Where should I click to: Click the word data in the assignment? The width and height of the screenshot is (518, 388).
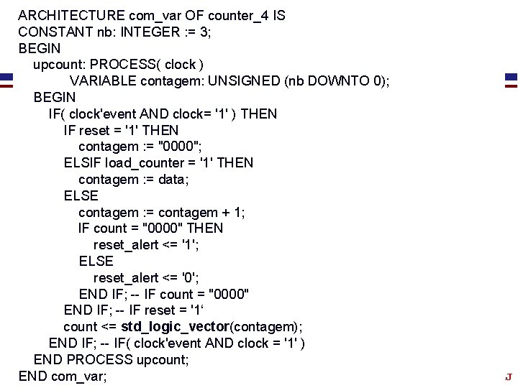pyautogui.click(x=172, y=179)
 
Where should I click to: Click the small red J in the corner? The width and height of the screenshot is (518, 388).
pyautogui.click(x=508, y=377)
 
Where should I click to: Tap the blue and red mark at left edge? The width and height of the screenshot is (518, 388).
pyautogui.click(x=6, y=79)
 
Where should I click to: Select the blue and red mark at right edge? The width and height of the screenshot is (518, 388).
pyautogui.click(x=511, y=79)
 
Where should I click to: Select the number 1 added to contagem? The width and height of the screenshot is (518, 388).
pyautogui.click(x=237, y=212)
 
